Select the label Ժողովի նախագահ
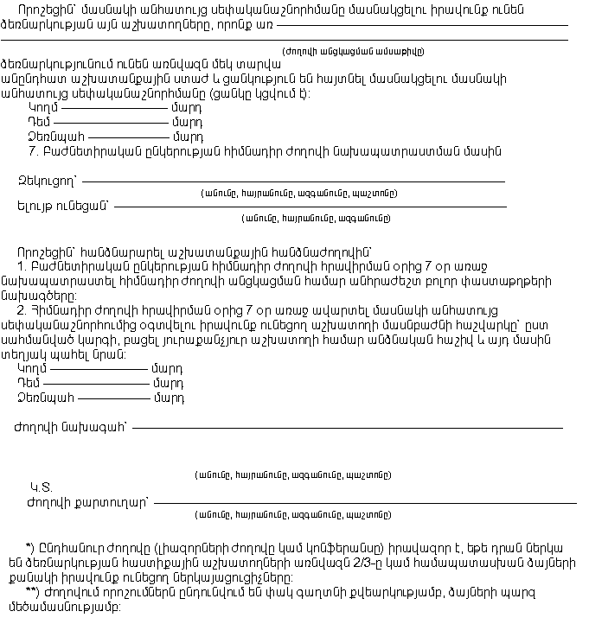point(70,426)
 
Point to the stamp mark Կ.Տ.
point(41,487)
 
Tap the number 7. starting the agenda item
point(35,151)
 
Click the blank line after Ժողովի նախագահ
point(347,427)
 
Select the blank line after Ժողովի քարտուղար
point(364,502)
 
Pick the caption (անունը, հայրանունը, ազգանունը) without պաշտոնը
point(316,218)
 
